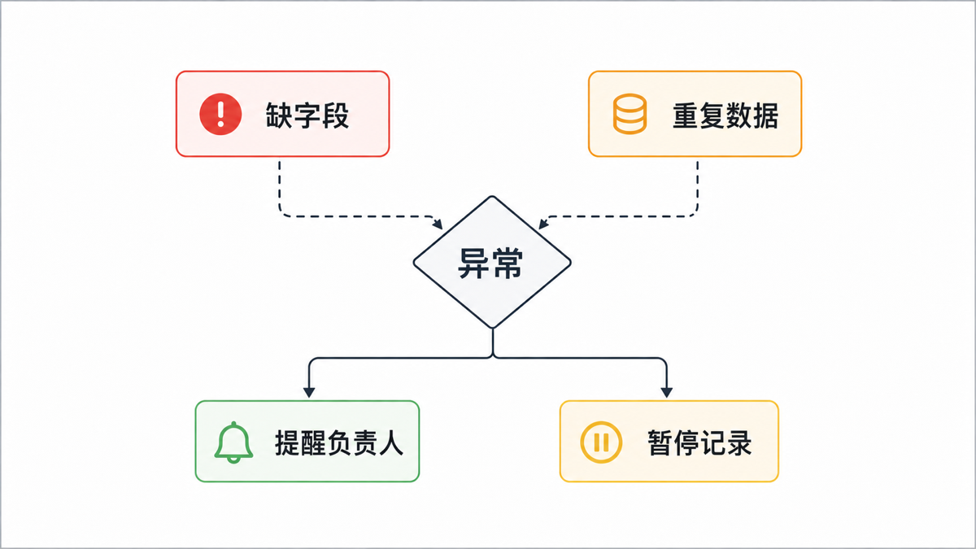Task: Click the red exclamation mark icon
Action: (220, 114)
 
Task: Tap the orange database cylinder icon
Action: (630, 114)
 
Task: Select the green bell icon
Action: (233, 442)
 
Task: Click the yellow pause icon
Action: (601, 442)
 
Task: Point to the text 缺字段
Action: (307, 115)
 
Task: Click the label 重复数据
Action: (725, 115)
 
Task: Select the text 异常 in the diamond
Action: (490, 264)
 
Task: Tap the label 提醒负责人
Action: (339, 443)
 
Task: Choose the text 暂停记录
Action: (699, 443)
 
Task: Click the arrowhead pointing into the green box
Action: (309, 392)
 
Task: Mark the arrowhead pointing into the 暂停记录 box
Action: (667, 392)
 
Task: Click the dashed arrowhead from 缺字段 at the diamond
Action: (438, 224)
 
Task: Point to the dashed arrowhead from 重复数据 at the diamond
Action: (543, 224)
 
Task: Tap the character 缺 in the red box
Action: (279, 115)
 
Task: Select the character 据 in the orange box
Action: (765, 115)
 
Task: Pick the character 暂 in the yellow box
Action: (660, 443)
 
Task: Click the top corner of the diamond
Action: (492, 197)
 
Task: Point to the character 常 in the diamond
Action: (507, 264)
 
